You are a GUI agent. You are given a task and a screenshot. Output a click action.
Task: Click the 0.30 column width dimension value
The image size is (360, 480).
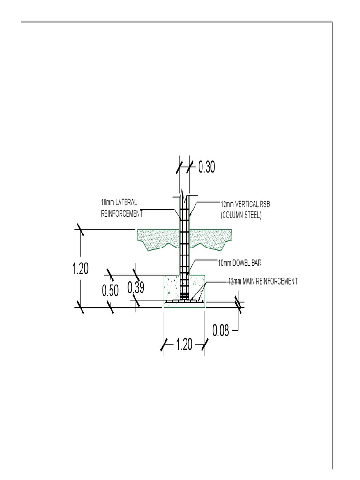[207, 167]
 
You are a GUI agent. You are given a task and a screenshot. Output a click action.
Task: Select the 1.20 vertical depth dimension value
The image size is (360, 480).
[80, 269]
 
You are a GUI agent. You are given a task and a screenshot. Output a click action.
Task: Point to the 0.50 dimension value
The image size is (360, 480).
[110, 291]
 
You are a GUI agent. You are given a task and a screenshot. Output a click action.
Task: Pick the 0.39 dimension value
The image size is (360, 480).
[136, 287]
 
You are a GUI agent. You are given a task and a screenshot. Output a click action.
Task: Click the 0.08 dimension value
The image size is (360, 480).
[221, 331]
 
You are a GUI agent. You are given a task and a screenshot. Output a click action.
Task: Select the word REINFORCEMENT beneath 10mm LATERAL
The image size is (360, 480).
[121, 213]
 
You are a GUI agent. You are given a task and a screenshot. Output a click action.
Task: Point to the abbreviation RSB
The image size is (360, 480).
[264, 204]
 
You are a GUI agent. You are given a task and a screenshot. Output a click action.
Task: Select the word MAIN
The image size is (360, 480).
[248, 281]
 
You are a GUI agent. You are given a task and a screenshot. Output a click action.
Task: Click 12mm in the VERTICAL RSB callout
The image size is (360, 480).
[227, 204]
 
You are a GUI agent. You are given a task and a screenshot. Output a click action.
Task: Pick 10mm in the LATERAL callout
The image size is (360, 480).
[107, 202]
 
